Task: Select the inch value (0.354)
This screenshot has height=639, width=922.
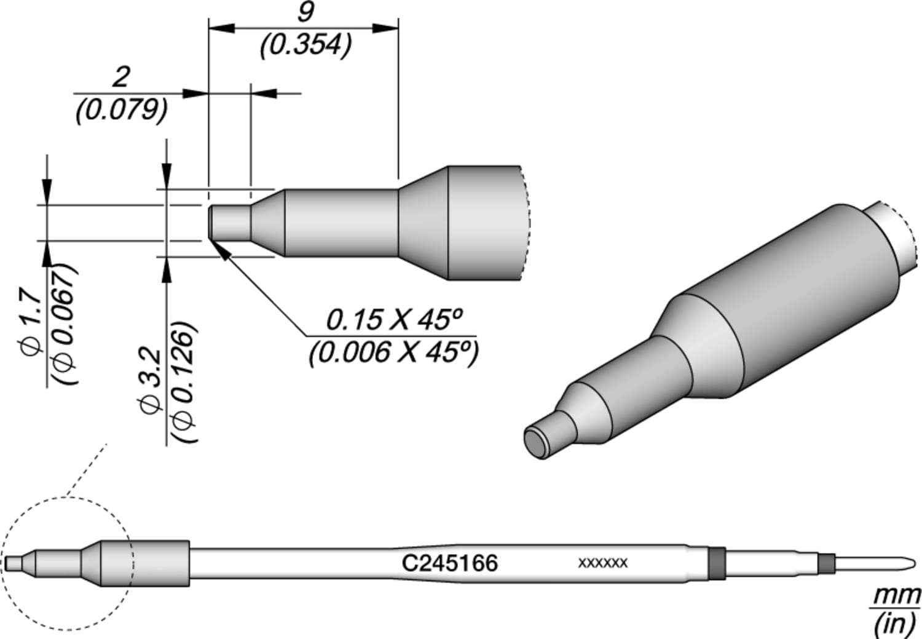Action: (305, 46)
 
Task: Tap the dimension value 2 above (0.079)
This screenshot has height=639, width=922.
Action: (120, 77)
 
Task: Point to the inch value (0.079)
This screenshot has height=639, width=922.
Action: (121, 111)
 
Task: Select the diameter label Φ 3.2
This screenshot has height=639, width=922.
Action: (151, 381)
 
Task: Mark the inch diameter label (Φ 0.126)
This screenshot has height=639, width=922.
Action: (184, 381)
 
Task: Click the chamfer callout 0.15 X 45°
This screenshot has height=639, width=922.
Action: (393, 320)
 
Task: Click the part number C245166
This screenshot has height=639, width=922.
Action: (449, 563)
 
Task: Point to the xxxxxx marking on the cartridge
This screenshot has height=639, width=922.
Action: (602, 563)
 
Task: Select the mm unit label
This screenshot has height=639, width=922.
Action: (897, 595)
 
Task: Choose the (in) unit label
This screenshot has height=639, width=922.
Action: (895, 624)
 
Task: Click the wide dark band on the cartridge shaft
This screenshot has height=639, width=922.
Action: (717, 562)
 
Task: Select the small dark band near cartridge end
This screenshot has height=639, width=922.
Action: (827, 563)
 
